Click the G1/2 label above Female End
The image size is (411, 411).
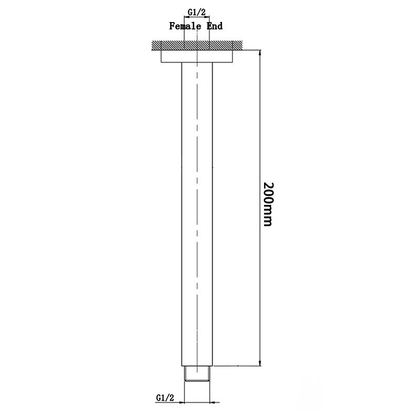(x=197, y=10)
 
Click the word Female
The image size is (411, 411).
(x=183, y=26)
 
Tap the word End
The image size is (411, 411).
(x=214, y=26)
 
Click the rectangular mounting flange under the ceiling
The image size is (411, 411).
(x=197, y=56)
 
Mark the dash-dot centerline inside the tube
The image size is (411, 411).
(x=197, y=206)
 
